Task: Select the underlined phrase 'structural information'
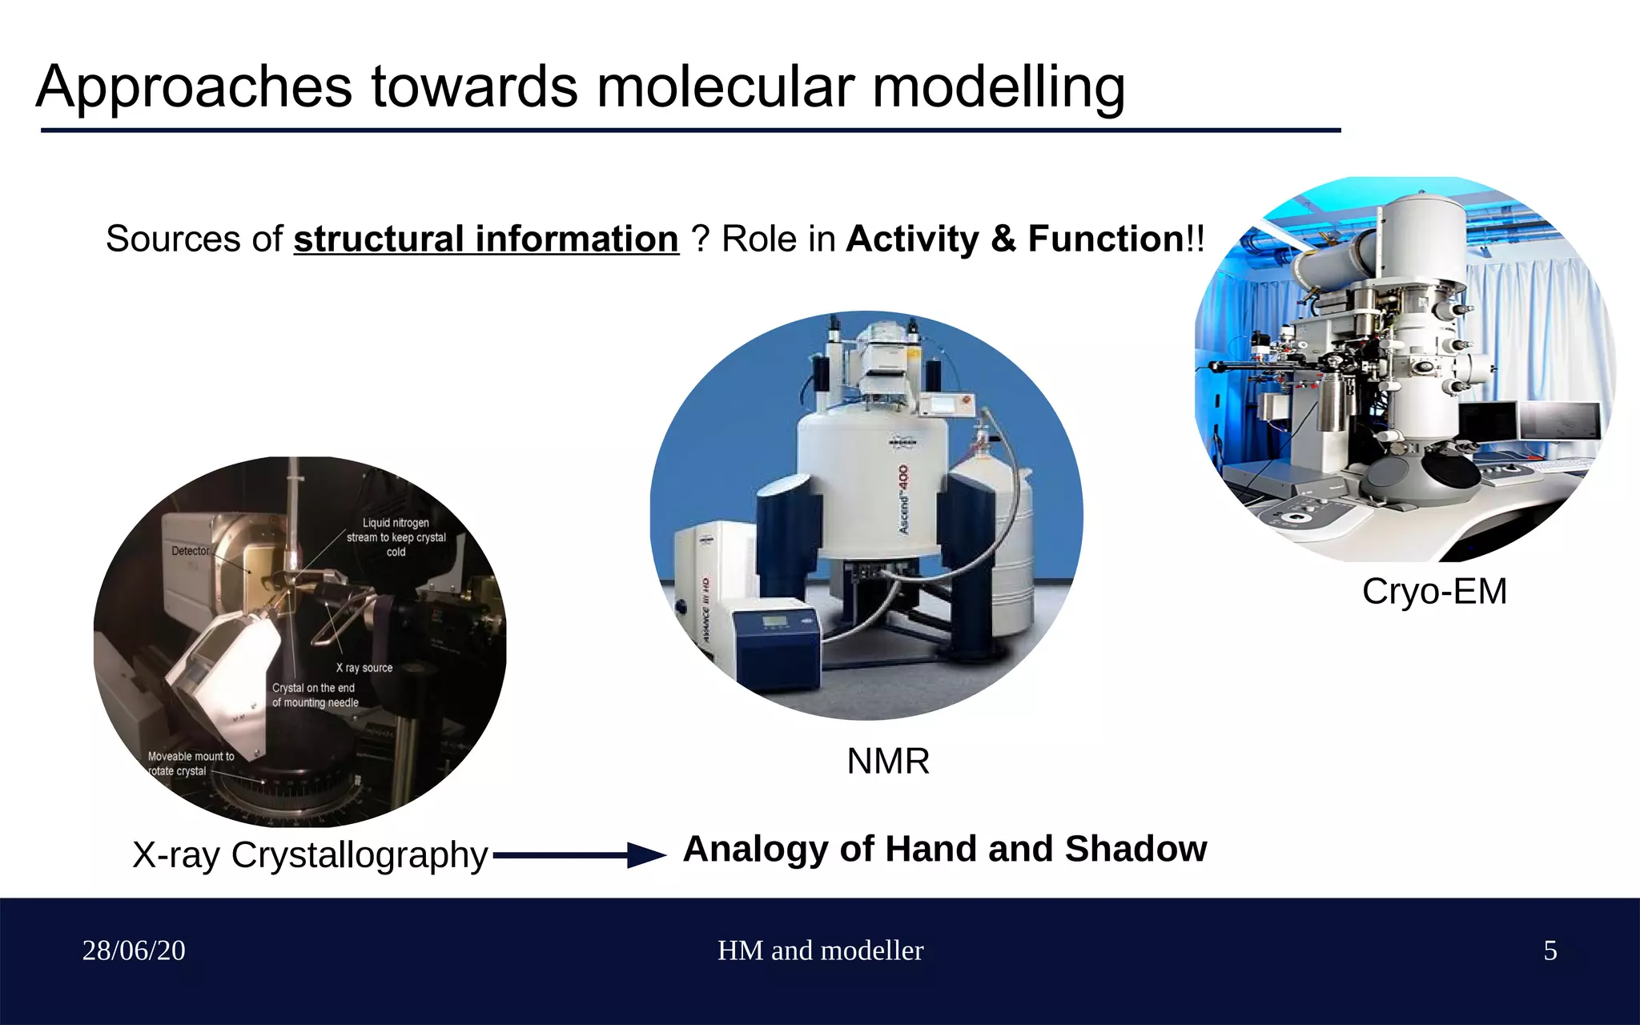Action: point(486,239)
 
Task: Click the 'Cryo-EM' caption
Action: point(1434,592)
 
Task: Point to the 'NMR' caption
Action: point(888,761)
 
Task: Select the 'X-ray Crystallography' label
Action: point(310,854)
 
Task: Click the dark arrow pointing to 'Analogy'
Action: point(580,855)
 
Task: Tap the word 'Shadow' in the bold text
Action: point(1136,849)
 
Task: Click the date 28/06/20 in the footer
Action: point(134,951)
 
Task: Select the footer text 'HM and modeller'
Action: point(820,951)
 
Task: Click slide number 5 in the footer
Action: point(1550,951)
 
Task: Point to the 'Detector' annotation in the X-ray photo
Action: point(191,551)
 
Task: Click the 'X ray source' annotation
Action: point(364,668)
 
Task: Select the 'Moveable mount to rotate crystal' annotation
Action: point(190,764)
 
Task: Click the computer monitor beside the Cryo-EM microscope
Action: point(1559,421)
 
